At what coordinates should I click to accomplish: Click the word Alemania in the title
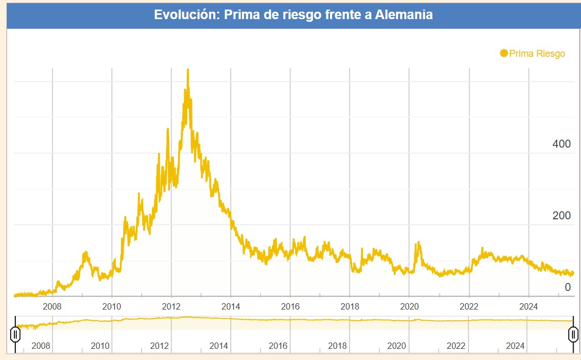404,14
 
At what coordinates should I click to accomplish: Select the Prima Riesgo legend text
537,54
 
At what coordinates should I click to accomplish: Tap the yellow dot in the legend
504,53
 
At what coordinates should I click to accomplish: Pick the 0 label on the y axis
567,287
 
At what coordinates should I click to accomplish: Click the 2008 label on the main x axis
52,306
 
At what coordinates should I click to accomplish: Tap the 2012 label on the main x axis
171,306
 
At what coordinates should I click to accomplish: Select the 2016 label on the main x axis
290,306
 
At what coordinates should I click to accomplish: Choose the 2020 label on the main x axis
409,306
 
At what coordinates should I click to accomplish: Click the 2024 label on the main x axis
528,306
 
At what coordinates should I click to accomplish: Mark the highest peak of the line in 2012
187,70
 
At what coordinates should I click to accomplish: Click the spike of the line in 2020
418,243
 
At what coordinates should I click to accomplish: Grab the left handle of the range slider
16,334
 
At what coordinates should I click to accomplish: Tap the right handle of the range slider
573,334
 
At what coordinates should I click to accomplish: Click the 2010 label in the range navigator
100,346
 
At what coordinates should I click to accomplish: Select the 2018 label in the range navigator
337,346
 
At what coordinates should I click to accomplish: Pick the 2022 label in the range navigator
456,346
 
